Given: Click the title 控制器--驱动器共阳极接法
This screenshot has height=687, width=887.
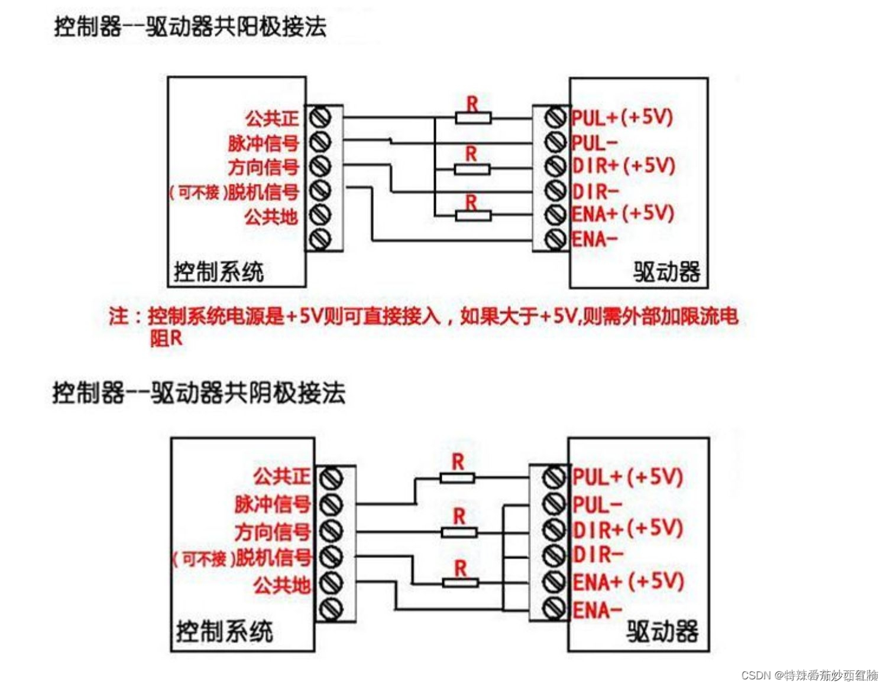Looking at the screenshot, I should click(x=190, y=27).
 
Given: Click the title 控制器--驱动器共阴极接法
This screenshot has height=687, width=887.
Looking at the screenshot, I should click(x=199, y=393).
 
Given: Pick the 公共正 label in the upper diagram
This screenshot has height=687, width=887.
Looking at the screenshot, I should click(x=272, y=118).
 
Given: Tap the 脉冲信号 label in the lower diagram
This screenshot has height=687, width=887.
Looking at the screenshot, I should click(x=273, y=504).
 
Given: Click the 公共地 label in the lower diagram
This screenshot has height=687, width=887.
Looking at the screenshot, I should click(x=281, y=585).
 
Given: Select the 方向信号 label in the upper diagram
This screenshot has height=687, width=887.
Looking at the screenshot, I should click(x=264, y=167).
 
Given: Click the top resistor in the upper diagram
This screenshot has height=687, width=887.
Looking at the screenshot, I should click(x=473, y=118).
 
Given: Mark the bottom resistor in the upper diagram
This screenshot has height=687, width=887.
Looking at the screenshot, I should click(x=473, y=216).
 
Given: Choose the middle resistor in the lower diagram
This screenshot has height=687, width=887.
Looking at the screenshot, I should click(x=459, y=532).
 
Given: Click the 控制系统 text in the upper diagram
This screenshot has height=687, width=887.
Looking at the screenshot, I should click(x=219, y=272).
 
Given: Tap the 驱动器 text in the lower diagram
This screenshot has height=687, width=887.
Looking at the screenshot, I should click(x=662, y=631).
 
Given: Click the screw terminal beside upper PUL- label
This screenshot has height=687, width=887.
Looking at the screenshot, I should click(x=555, y=142).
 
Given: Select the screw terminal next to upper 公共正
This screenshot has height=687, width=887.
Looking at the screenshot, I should click(x=320, y=117).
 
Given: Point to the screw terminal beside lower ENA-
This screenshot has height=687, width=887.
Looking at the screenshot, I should click(x=554, y=607).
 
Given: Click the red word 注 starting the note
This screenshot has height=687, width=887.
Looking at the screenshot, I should click(x=118, y=317).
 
